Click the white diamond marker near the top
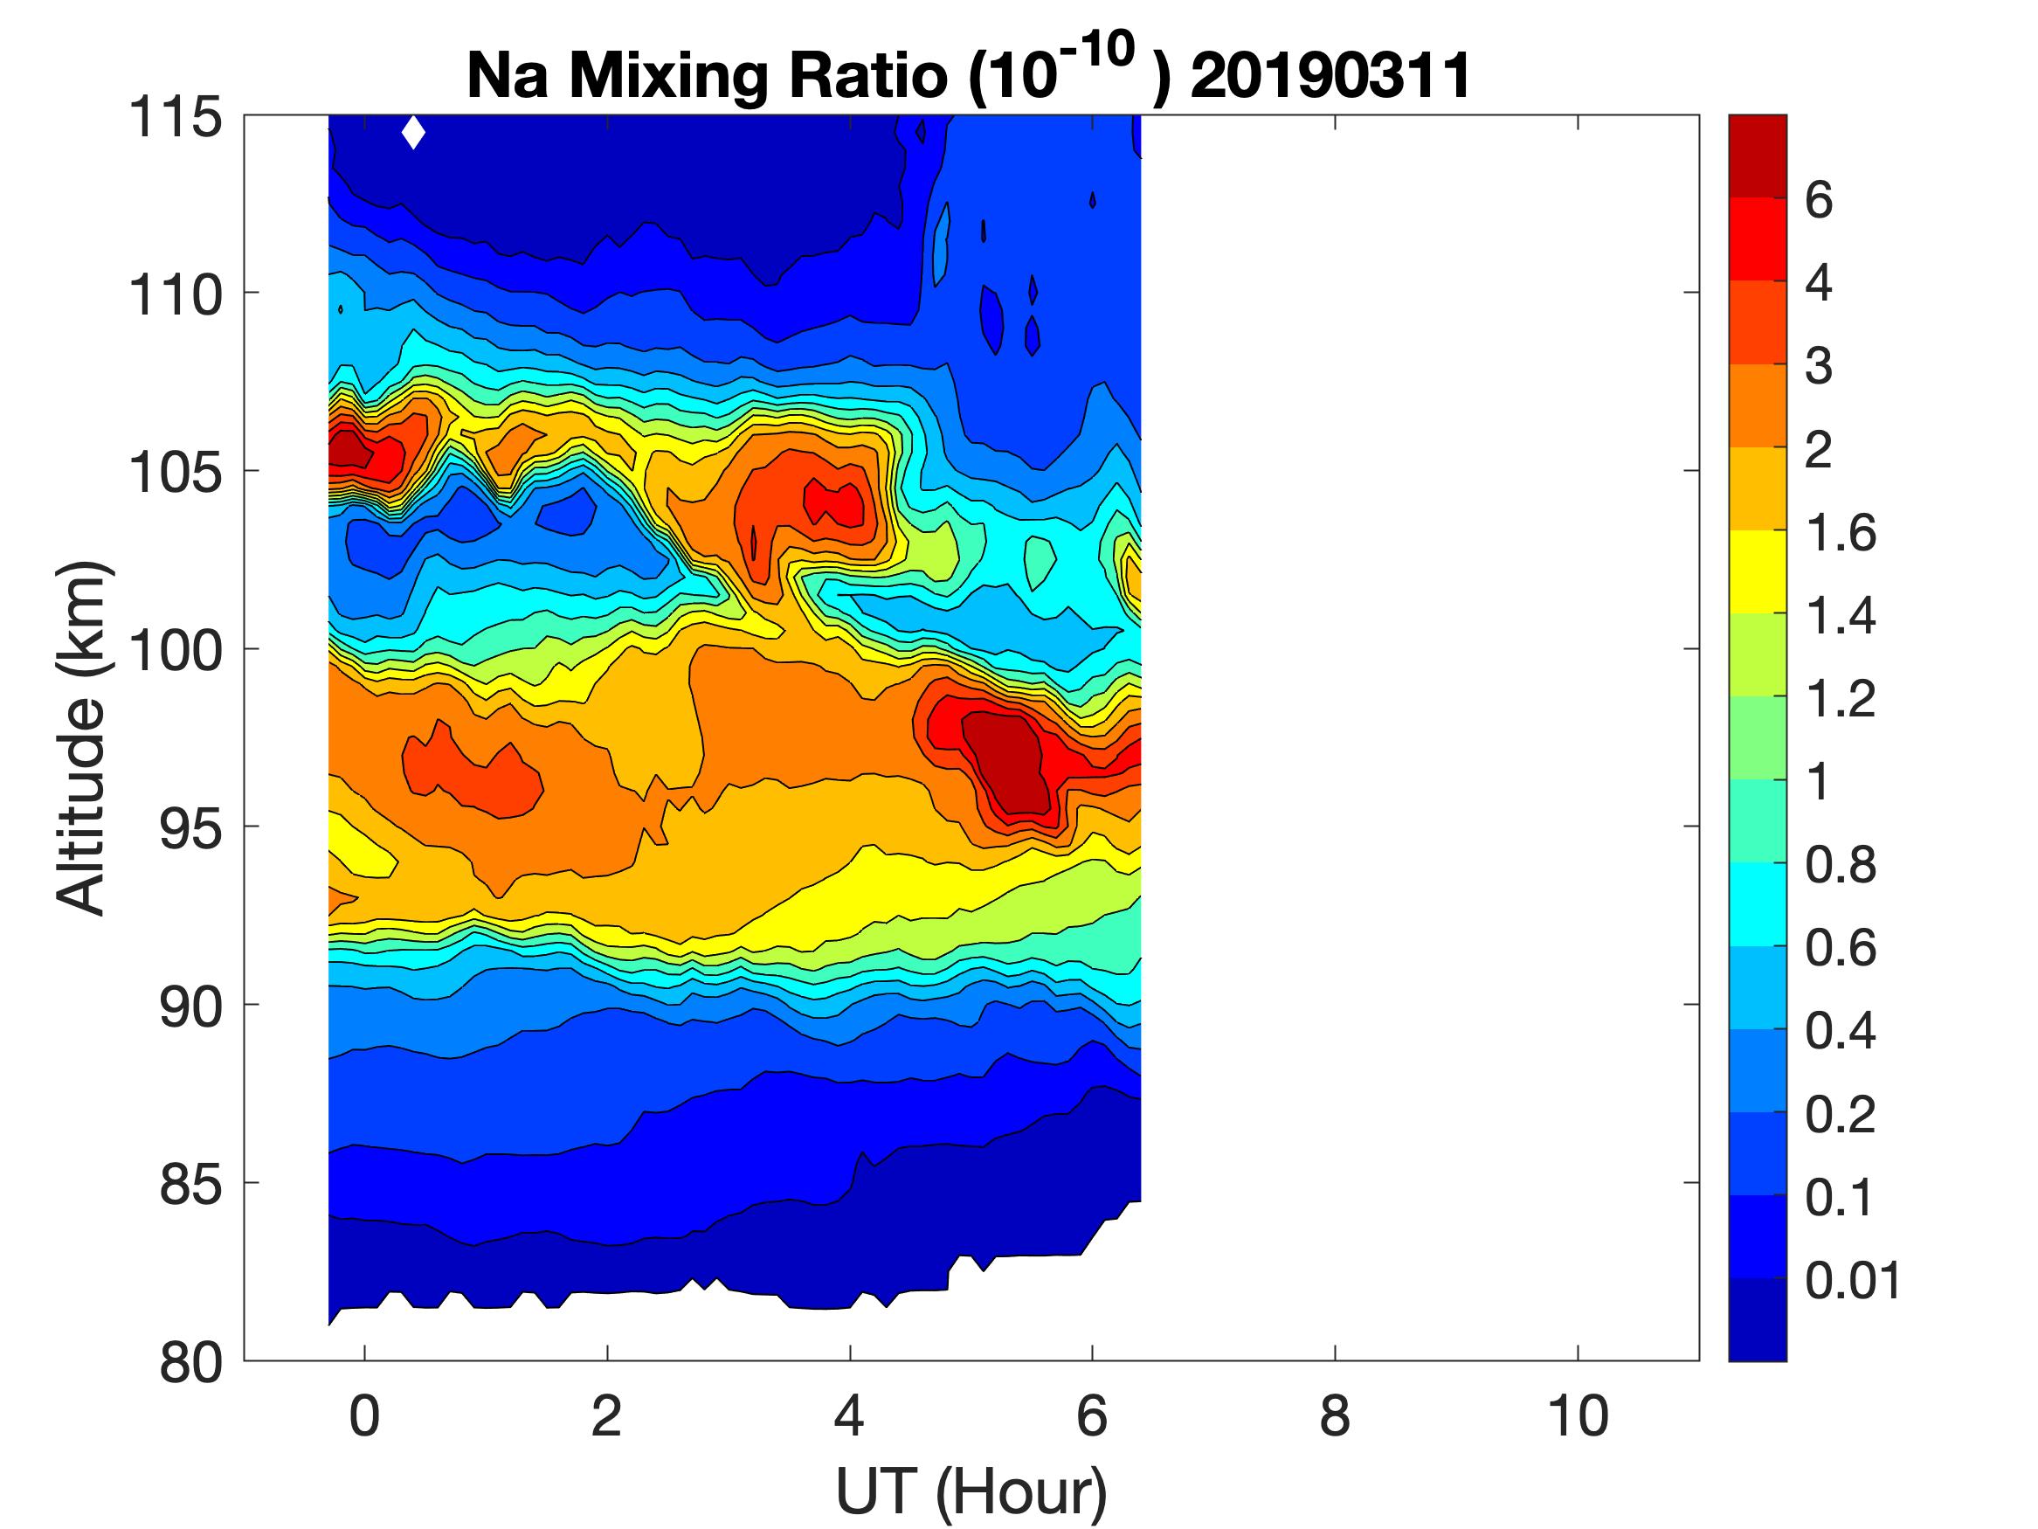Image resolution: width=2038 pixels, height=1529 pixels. [x=414, y=133]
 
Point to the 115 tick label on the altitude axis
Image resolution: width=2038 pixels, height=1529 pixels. [x=175, y=118]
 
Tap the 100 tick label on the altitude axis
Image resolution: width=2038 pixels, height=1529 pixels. [x=175, y=651]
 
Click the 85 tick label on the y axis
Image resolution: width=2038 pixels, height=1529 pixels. [x=191, y=1184]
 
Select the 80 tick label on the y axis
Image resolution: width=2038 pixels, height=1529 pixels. [x=191, y=1362]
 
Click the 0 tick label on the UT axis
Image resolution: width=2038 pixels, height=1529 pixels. [x=365, y=1416]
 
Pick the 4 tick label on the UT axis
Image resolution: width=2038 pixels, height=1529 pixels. [x=849, y=1416]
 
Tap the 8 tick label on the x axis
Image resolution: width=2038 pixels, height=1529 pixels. [x=1335, y=1416]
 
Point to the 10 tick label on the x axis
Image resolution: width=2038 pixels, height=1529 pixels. [x=1578, y=1416]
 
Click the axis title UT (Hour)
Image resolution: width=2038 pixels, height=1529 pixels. [x=971, y=1491]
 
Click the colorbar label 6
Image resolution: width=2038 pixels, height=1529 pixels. [x=1818, y=200]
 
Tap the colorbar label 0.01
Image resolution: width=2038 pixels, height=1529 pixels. [x=1853, y=1280]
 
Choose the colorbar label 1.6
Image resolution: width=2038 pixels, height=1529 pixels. [x=1840, y=533]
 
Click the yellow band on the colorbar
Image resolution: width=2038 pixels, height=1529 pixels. [x=1757, y=571]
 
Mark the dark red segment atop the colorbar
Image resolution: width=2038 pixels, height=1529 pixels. [x=1757, y=156]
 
